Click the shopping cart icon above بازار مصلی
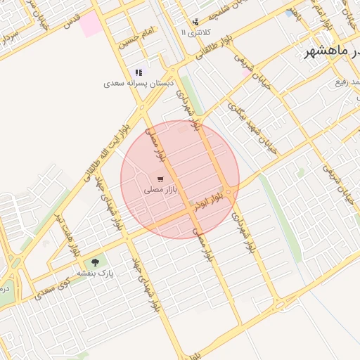[x=161, y=180]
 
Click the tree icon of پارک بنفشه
[x=95, y=263]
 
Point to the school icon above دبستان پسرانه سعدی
[x=139, y=72]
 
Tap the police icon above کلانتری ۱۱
[x=195, y=22]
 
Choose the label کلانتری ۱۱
[x=194, y=32]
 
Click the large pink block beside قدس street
[x=90, y=23]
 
